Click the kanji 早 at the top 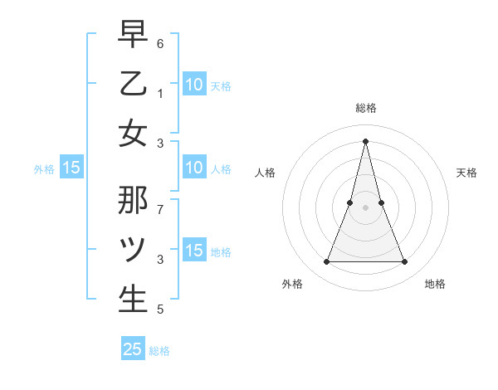[x=133, y=36]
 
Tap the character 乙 [x=133, y=84]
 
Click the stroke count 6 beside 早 [x=161, y=42]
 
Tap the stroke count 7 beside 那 [x=160, y=201]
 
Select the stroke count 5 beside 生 [x=160, y=310]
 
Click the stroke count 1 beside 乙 [x=160, y=93]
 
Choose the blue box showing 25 [x=133, y=349]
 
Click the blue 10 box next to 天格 [x=193, y=84]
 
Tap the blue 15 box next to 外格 [x=71, y=168]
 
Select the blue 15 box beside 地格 [x=193, y=251]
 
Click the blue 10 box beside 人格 [x=193, y=168]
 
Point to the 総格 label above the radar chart [x=366, y=108]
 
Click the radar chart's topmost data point [x=366, y=140]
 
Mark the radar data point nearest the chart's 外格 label [x=326, y=262]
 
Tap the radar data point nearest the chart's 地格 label [x=405, y=262]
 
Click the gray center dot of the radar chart [x=366, y=207]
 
